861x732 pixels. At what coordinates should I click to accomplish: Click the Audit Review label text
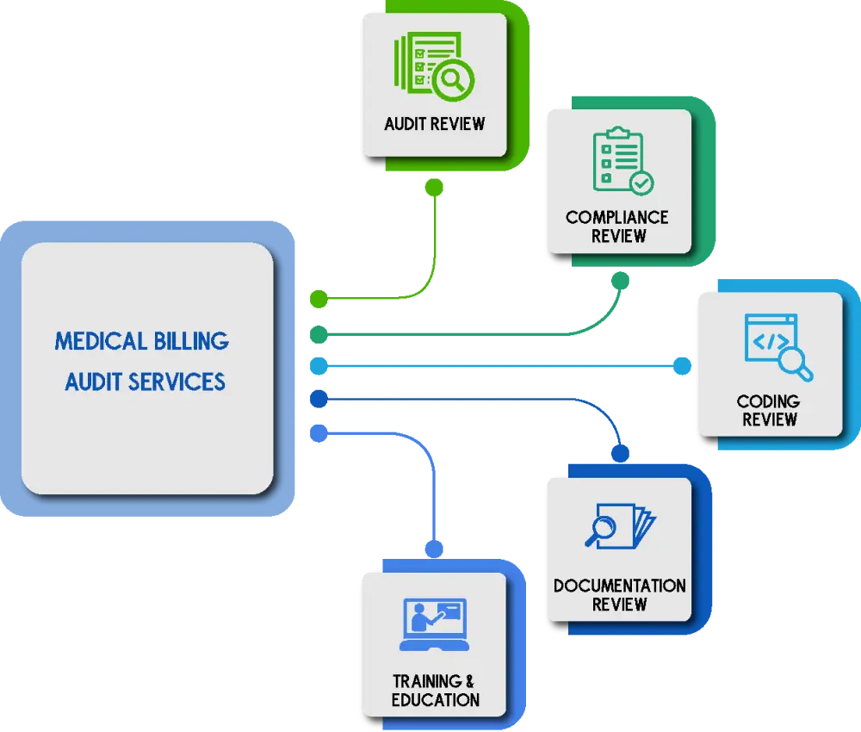click(x=434, y=123)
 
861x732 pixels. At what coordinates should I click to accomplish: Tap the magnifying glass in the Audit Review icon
click(x=451, y=80)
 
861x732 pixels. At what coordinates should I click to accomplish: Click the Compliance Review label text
click(x=617, y=226)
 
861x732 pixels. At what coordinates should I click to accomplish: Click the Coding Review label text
click(x=769, y=410)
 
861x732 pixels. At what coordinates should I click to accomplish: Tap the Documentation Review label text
click(x=619, y=594)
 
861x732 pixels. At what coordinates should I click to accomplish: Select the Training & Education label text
click(x=434, y=690)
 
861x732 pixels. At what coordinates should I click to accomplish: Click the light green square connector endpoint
click(x=319, y=299)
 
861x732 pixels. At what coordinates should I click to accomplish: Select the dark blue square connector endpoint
click(x=319, y=399)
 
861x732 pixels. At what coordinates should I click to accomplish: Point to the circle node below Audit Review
click(x=435, y=186)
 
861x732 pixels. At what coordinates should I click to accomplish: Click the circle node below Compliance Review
click(x=620, y=281)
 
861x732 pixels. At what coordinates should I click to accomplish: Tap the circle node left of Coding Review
click(x=683, y=366)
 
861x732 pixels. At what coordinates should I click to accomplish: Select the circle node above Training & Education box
click(x=435, y=549)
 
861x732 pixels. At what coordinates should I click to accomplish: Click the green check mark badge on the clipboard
click(x=641, y=183)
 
